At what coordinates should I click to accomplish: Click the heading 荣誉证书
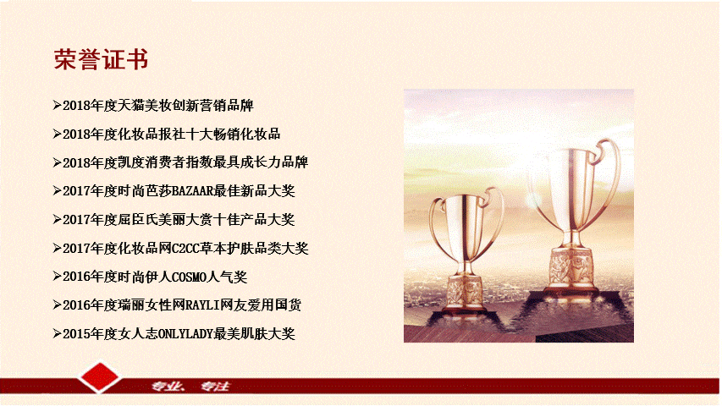[101, 59]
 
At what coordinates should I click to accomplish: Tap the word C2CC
[185, 249]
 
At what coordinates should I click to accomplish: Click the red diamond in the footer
[100, 377]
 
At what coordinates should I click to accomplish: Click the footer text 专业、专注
[190, 387]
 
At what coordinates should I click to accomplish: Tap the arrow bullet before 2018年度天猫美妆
[57, 106]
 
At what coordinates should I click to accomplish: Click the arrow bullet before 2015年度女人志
[57, 334]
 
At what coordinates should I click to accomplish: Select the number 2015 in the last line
[76, 334]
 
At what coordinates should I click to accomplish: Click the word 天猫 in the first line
[131, 106]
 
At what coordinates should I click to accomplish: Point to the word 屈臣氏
[138, 220]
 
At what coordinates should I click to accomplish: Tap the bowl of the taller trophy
[572, 184]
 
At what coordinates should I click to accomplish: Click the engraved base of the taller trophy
[571, 267]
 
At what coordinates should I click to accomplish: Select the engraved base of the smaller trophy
[465, 291]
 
